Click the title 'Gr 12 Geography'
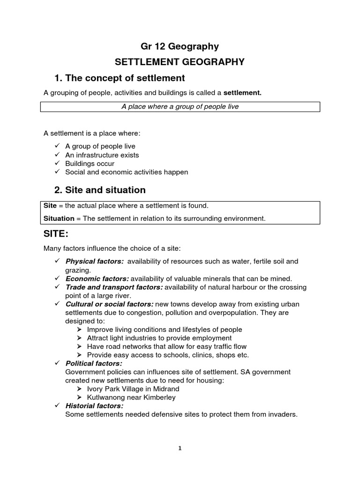(x=180, y=46)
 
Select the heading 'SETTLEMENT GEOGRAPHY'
(x=180, y=62)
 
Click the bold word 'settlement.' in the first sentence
(x=242, y=93)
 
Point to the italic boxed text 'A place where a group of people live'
(x=180, y=106)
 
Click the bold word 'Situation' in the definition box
(x=59, y=218)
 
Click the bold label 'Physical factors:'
(x=95, y=261)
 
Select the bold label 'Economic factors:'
(x=97, y=278)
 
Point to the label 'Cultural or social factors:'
(x=109, y=304)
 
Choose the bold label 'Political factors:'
(x=94, y=363)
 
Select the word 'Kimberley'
(x=160, y=397)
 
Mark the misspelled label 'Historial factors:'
(x=94, y=406)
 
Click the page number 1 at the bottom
(x=180, y=448)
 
